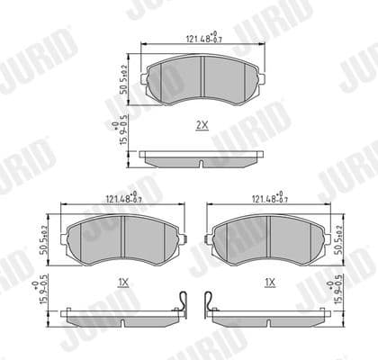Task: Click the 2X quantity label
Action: click(202, 126)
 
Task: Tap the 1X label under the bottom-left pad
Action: click(123, 282)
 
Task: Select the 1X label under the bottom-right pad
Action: click(269, 282)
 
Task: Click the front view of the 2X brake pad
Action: click(202, 78)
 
